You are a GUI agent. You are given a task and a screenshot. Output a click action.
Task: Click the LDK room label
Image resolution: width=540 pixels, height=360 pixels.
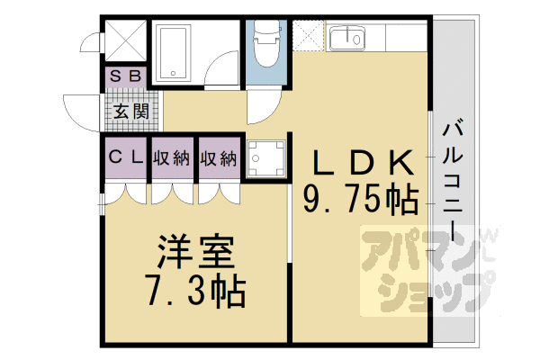(x=363, y=162)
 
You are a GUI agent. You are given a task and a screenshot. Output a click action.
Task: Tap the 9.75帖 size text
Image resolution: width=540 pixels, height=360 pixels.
(x=361, y=198)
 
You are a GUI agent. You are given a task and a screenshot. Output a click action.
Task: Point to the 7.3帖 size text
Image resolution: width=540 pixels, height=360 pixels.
(x=195, y=290)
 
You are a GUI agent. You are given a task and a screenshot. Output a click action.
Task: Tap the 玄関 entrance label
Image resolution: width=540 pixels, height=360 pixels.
(x=126, y=112)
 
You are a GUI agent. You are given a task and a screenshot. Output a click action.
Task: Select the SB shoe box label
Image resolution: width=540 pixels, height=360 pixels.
(x=125, y=76)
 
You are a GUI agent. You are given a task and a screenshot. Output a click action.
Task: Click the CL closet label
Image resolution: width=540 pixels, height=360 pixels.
(x=125, y=157)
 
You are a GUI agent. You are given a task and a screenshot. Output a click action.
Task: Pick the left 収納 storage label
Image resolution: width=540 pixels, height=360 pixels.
(x=172, y=157)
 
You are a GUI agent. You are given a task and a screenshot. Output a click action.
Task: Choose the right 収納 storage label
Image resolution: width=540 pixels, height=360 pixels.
(x=219, y=157)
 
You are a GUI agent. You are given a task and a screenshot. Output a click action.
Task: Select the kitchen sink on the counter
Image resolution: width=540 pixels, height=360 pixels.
(x=347, y=40)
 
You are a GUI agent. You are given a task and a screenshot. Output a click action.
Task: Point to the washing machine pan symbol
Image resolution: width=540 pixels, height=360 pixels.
(x=264, y=159)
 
